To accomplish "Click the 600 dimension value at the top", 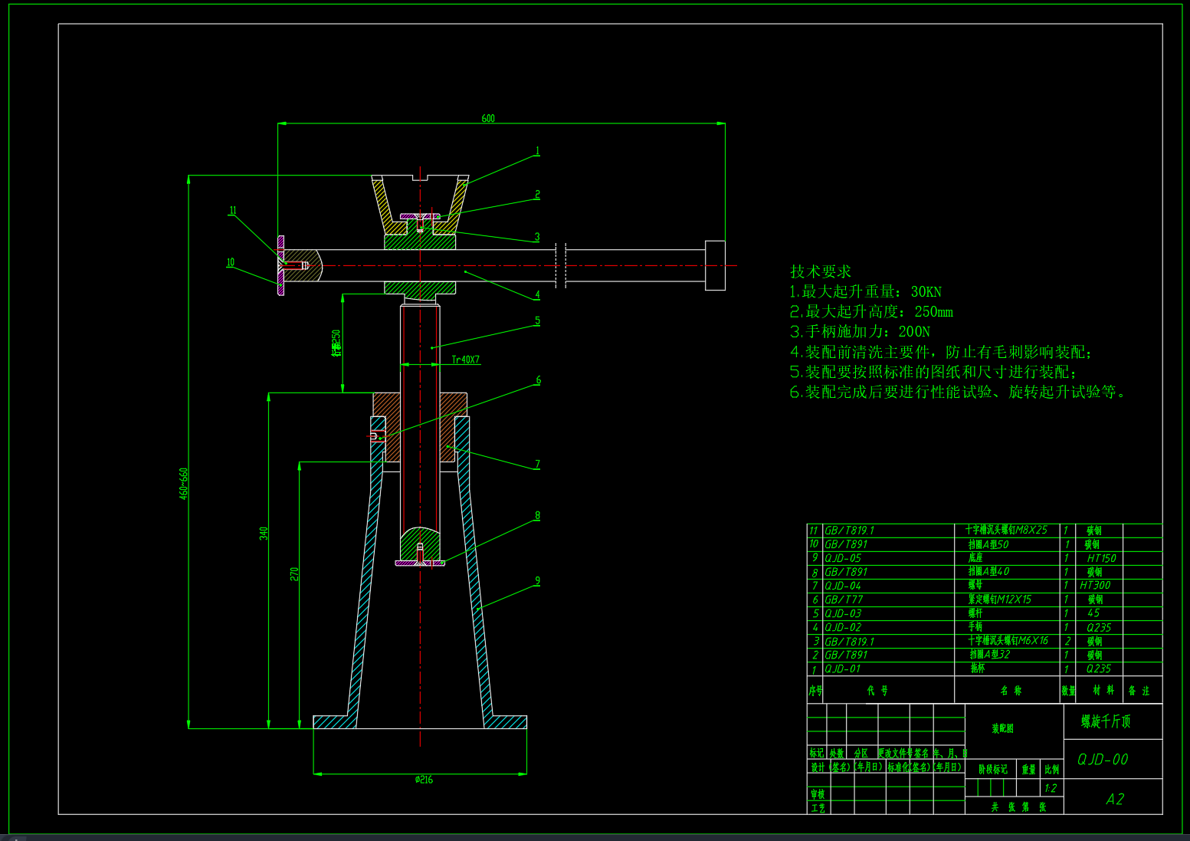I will coord(488,118).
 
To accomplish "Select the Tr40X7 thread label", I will coord(465,360).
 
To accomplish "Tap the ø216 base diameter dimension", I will coord(424,780).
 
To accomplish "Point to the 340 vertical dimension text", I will coord(264,533).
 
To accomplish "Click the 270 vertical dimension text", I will coord(294,573).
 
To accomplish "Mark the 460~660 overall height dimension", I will coord(184,484).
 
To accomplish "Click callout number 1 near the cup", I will coord(537,152).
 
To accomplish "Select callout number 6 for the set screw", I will coord(538,380).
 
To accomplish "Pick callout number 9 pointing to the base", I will coord(537,581).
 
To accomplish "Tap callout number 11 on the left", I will coord(233,211).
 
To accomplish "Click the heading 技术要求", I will coord(821,271).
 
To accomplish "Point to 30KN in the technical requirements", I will coord(926,292).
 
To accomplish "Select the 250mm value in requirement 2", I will coord(933,312).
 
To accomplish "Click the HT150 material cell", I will coord(1101,558).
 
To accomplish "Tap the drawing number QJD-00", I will coord(1103,759).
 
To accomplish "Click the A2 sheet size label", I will coord(1114,799).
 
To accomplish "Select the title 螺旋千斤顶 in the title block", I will coord(1106,721).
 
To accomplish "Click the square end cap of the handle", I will coord(714,265).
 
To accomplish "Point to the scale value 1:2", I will coord(1051,788).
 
